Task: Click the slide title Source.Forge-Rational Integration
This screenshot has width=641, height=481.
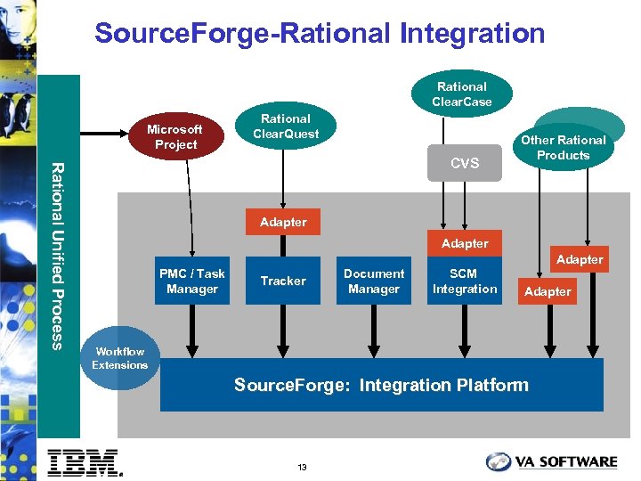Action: [x=320, y=34]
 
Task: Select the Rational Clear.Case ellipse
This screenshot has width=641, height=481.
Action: [x=461, y=94]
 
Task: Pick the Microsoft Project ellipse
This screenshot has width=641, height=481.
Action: [x=175, y=136]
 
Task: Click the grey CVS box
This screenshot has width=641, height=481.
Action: [x=465, y=163]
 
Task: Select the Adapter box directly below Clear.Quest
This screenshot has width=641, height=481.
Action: [x=283, y=222]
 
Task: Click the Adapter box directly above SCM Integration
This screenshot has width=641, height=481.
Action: [x=465, y=243]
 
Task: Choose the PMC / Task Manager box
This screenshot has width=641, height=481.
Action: [x=192, y=281]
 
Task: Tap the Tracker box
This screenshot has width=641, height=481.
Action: [x=283, y=281]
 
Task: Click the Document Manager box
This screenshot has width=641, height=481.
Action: [x=374, y=281]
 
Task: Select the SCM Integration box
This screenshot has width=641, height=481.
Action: [x=465, y=281]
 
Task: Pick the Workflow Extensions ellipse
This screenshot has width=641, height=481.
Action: [x=120, y=358]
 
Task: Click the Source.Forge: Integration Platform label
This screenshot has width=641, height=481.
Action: [x=381, y=385]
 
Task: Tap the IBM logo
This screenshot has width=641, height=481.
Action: [x=84, y=461]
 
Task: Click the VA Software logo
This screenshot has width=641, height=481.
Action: [x=552, y=461]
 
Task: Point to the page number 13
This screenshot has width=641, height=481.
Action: [x=303, y=468]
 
